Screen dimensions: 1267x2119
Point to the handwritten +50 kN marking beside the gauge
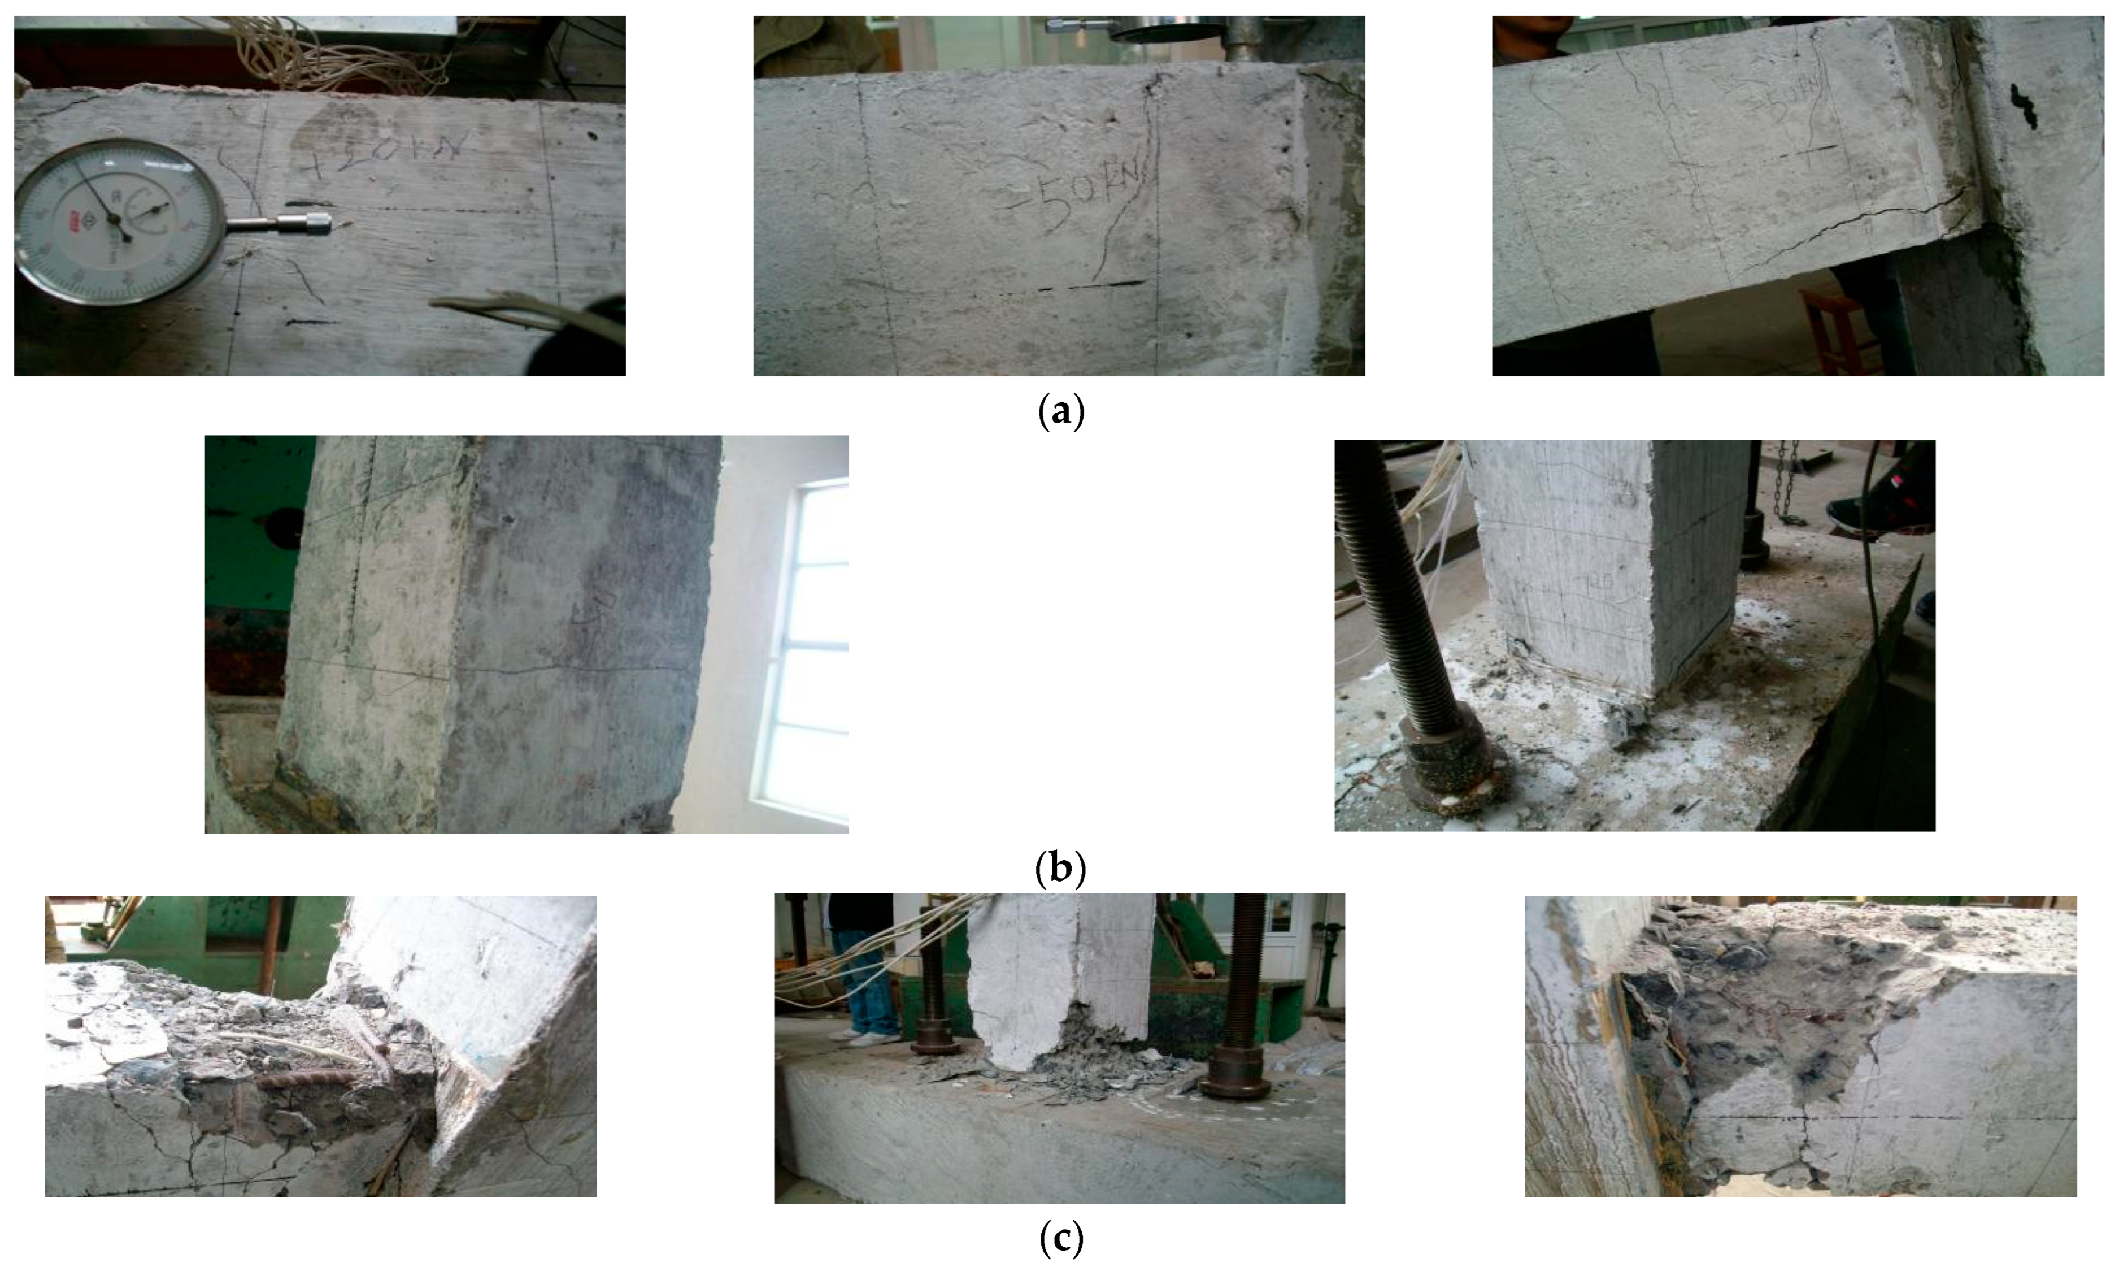[x=393, y=157]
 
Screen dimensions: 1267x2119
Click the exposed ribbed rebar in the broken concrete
[x=307, y=1080]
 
